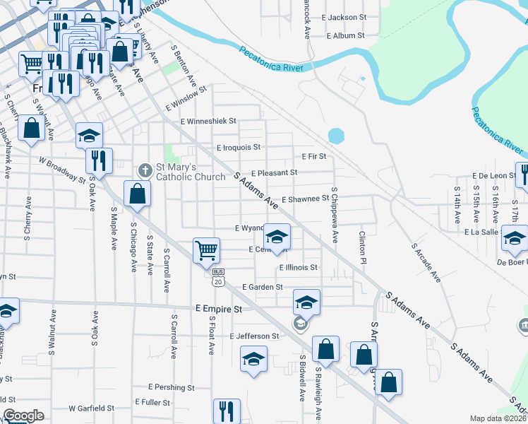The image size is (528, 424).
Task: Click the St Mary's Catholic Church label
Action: click(x=190, y=172)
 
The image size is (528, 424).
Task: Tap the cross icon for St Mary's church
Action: click(x=145, y=170)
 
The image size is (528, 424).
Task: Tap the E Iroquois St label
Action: click(x=239, y=148)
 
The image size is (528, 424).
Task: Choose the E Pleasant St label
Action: click(x=275, y=172)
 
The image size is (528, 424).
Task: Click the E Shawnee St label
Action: click(x=305, y=199)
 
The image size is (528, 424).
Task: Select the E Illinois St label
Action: click(x=298, y=268)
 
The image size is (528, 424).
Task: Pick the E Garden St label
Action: click(x=262, y=287)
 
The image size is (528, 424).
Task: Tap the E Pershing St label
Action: click(x=171, y=387)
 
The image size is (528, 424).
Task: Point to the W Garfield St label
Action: click(x=91, y=408)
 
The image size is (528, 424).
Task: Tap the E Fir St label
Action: click(x=313, y=156)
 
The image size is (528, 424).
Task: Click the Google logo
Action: click(x=23, y=416)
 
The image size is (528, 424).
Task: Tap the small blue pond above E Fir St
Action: click(x=336, y=134)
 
